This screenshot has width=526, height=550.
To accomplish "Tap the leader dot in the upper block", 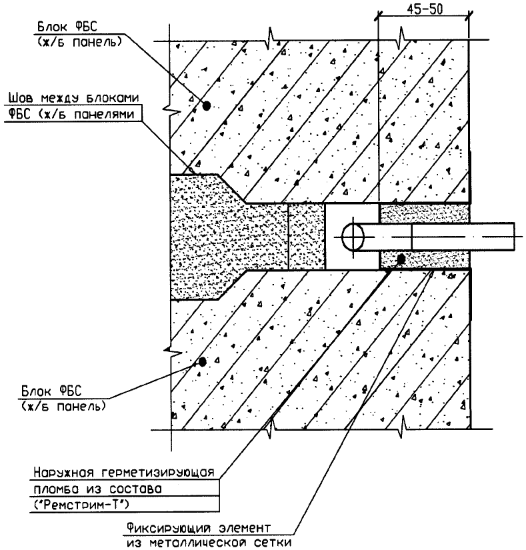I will tap(207, 105).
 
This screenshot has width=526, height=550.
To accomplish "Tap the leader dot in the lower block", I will tap(202, 361).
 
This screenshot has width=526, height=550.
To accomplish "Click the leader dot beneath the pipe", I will tap(401, 259).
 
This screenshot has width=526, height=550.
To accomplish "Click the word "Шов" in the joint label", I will tap(18, 99).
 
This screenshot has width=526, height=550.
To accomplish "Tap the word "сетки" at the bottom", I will tap(274, 542).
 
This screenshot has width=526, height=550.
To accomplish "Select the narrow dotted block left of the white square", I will tap(306, 237).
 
